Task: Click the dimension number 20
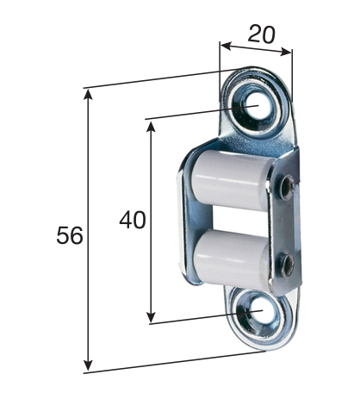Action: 261,34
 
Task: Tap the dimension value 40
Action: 132,220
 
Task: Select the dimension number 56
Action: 70,235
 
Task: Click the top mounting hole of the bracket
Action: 253,105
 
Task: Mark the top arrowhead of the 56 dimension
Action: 88,94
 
